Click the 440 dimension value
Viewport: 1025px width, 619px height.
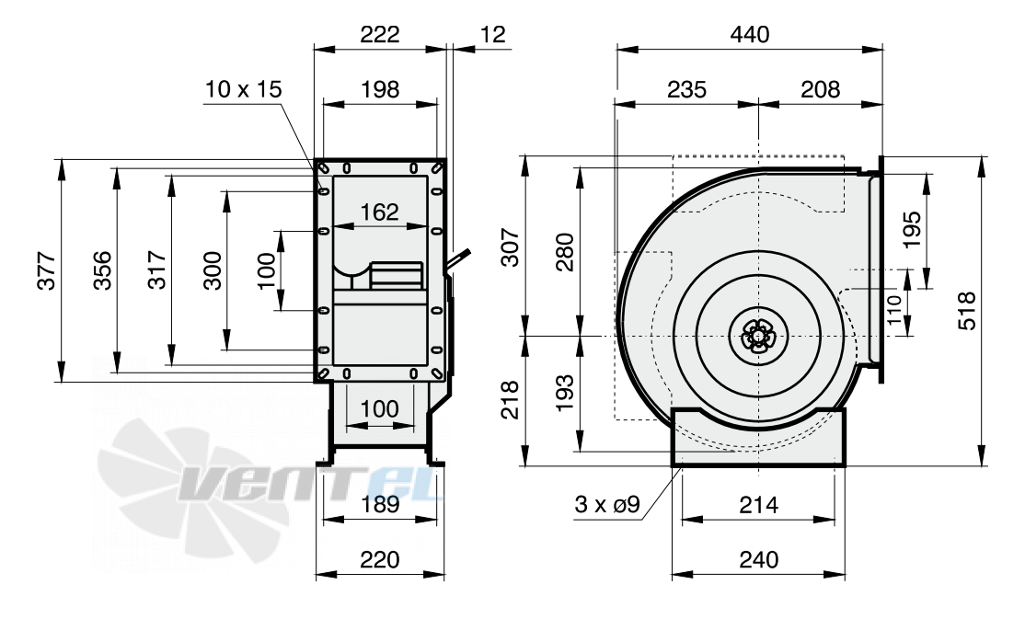tap(750, 33)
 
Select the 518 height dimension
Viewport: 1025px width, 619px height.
tap(967, 311)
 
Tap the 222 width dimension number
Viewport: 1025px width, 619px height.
tap(379, 33)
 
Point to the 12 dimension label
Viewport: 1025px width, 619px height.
tap(493, 33)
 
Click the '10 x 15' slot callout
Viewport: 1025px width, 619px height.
tap(243, 89)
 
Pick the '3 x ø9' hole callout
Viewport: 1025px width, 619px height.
tap(607, 504)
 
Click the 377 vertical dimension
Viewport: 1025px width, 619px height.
tap(46, 269)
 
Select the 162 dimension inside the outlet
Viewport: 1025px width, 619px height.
tap(379, 212)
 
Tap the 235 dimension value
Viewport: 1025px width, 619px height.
tap(687, 89)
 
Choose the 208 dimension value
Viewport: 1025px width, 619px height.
tap(820, 89)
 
